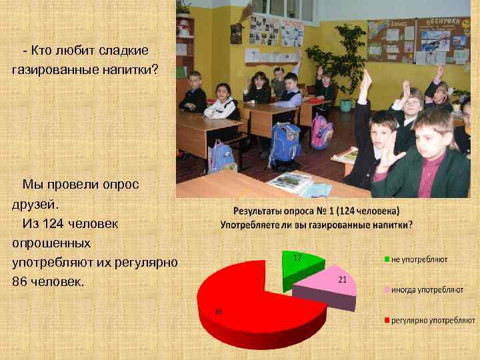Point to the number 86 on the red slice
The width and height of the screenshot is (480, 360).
(x=219, y=312)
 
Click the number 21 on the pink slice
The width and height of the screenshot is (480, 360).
(x=342, y=280)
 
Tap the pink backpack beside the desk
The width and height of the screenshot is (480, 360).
(x=321, y=131)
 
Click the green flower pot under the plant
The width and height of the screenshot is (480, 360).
(x=345, y=105)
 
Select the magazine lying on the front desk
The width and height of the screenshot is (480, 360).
(x=291, y=181)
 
